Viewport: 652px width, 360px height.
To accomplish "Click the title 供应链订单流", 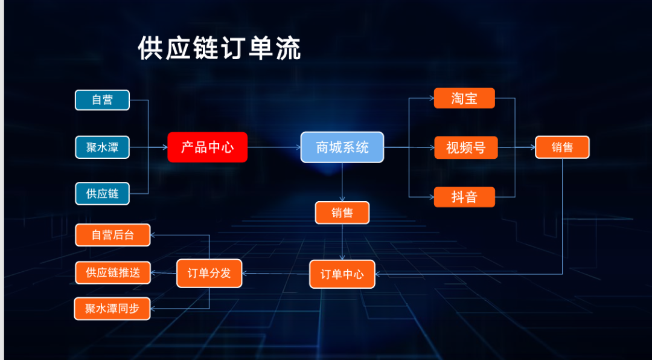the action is pyautogui.click(x=219, y=49).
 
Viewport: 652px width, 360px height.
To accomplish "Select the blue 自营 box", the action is pyautogui.click(x=102, y=100).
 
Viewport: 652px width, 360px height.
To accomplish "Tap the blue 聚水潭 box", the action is pyautogui.click(x=102, y=147).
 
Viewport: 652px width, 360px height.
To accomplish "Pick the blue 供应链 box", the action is pyautogui.click(x=102, y=194).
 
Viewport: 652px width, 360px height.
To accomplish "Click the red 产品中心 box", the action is pyautogui.click(x=207, y=147).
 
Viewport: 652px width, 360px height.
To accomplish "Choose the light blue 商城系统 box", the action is pyautogui.click(x=342, y=147).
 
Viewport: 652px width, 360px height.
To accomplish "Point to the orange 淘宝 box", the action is pyautogui.click(x=464, y=98).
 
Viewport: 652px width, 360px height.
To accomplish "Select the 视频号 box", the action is pyautogui.click(x=465, y=147).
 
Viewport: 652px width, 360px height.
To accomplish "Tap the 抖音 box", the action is pyautogui.click(x=464, y=197).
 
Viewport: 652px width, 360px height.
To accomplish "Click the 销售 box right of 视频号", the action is pyautogui.click(x=562, y=147).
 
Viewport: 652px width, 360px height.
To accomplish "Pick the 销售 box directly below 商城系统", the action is pyautogui.click(x=342, y=213).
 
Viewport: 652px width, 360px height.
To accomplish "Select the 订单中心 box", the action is pyautogui.click(x=342, y=274).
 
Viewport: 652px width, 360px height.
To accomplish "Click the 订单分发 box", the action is pyautogui.click(x=209, y=273).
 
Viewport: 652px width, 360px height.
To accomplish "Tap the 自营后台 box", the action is pyautogui.click(x=113, y=235).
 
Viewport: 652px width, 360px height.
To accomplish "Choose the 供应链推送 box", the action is pyautogui.click(x=113, y=272).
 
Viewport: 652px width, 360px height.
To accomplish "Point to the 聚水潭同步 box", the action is pyautogui.click(x=112, y=309).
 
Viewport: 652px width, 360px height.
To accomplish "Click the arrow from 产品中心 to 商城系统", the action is pyautogui.click(x=274, y=147).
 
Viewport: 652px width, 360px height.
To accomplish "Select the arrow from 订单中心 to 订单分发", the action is pyautogui.click(x=275, y=274).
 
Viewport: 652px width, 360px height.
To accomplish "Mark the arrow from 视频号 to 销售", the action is pyautogui.click(x=516, y=147).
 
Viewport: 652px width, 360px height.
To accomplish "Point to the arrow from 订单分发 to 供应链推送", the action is pyautogui.click(x=163, y=273).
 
